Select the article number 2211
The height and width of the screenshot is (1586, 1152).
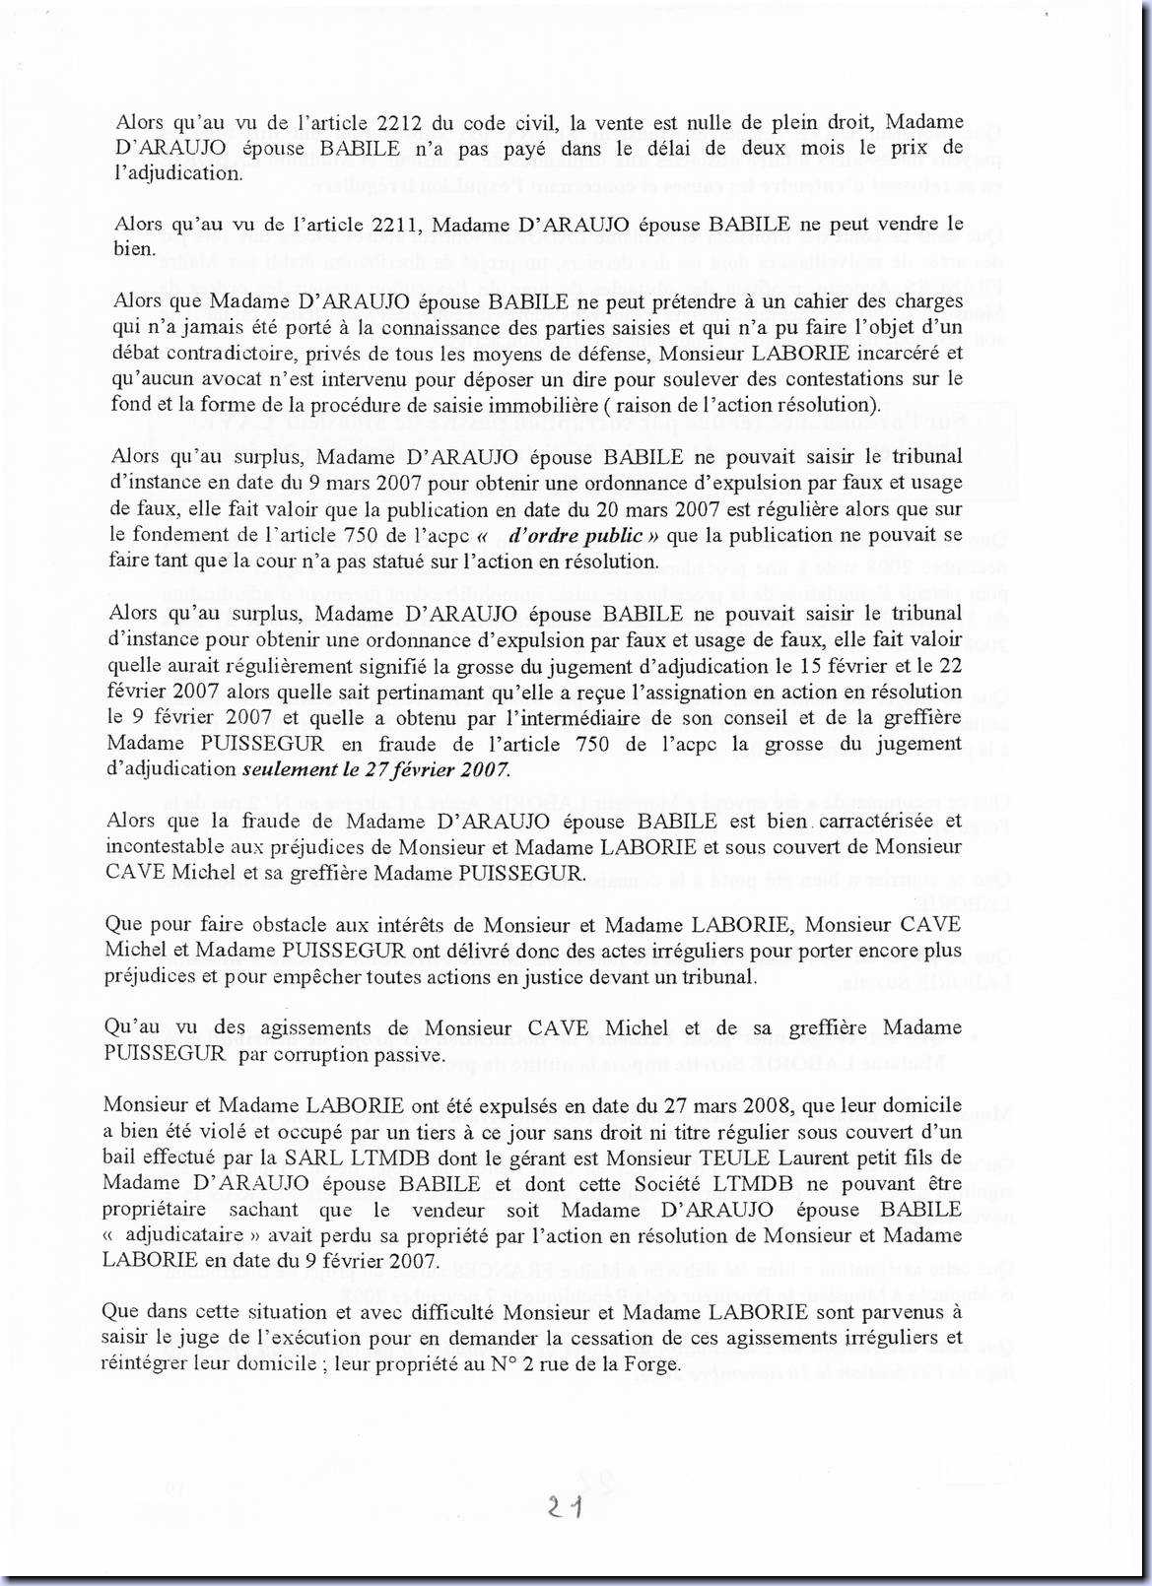point(399,225)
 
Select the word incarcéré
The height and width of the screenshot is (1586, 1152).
point(893,353)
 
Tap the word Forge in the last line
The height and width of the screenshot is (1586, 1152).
point(651,1364)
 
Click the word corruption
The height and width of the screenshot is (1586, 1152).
point(327,1055)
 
